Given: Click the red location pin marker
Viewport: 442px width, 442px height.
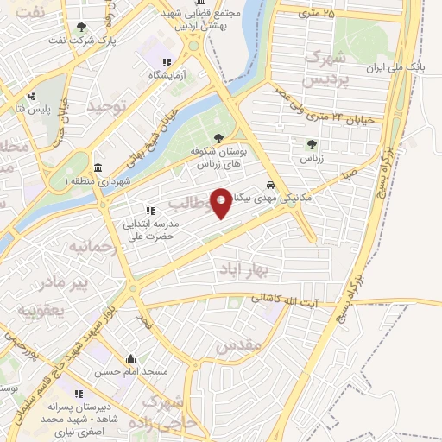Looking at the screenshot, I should pos(221,202).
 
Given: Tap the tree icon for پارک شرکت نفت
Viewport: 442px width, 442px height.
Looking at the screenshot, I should pos(81,28).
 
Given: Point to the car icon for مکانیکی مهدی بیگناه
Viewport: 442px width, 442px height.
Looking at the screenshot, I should pos(271,186).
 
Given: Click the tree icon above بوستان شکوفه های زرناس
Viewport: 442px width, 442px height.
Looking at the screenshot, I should pos(219,137).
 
